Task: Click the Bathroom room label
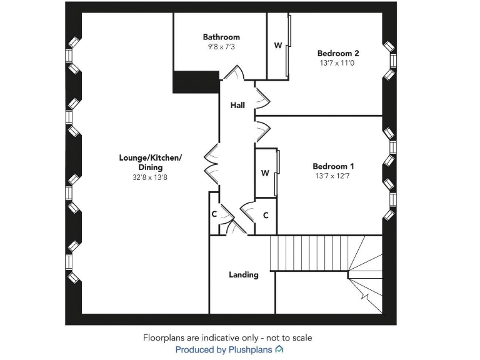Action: pyautogui.click(x=221, y=37)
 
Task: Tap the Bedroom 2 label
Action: pyautogui.click(x=338, y=53)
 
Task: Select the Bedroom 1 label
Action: pyautogui.click(x=333, y=166)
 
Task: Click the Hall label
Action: pyautogui.click(x=237, y=106)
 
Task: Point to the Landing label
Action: pyautogui.click(x=243, y=274)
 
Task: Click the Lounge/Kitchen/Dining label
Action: pyautogui.click(x=150, y=162)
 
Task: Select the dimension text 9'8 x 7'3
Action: pyautogui.click(x=221, y=47)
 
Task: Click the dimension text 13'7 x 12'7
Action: pyautogui.click(x=333, y=176)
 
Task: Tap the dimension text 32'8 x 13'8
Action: pyautogui.click(x=150, y=177)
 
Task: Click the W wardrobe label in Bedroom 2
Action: pyautogui.click(x=277, y=46)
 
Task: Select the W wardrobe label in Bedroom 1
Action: pyautogui.click(x=265, y=173)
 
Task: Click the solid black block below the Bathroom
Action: pyautogui.click(x=196, y=82)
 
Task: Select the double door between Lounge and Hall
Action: pyautogui.click(x=211, y=164)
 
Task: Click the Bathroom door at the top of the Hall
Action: pyautogui.click(x=235, y=73)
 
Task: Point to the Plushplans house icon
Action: pyautogui.click(x=279, y=349)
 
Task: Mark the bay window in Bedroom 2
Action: pyautogui.click(x=390, y=60)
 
